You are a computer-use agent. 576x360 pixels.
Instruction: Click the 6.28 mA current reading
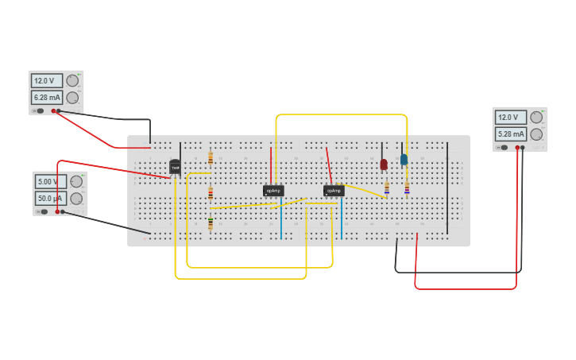click(x=46, y=98)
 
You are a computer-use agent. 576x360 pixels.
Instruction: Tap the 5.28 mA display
click(x=510, y=134)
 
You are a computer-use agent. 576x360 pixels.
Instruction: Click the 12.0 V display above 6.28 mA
click(x=46, y=80)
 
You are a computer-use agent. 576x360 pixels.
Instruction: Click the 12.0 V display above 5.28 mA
click(x=510, y=117)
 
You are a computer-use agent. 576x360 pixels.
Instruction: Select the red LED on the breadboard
click(x=384, y=164)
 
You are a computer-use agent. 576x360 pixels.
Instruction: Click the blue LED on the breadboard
click(x=404, y=159)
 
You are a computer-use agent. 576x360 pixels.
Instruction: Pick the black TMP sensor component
click(x=175, y=167)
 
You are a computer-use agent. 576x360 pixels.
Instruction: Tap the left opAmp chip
click(x=273, y=191)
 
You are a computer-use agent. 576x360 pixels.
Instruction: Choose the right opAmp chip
click(x=334, y=191)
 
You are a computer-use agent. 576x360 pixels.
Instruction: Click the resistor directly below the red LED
click(x=387, y=188)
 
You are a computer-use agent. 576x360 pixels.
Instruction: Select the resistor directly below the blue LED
click(x=407, y=188)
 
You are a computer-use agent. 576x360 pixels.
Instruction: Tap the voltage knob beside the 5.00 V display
click(x=76, y=181)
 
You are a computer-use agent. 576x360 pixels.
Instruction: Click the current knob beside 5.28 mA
click(x=536, y=134)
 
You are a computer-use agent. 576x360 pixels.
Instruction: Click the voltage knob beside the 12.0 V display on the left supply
click(x=72, y=80)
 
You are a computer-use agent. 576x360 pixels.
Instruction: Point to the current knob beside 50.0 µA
click(x=76, y=199)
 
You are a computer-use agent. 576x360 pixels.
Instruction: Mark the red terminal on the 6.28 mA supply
click(x=54, y=110)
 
